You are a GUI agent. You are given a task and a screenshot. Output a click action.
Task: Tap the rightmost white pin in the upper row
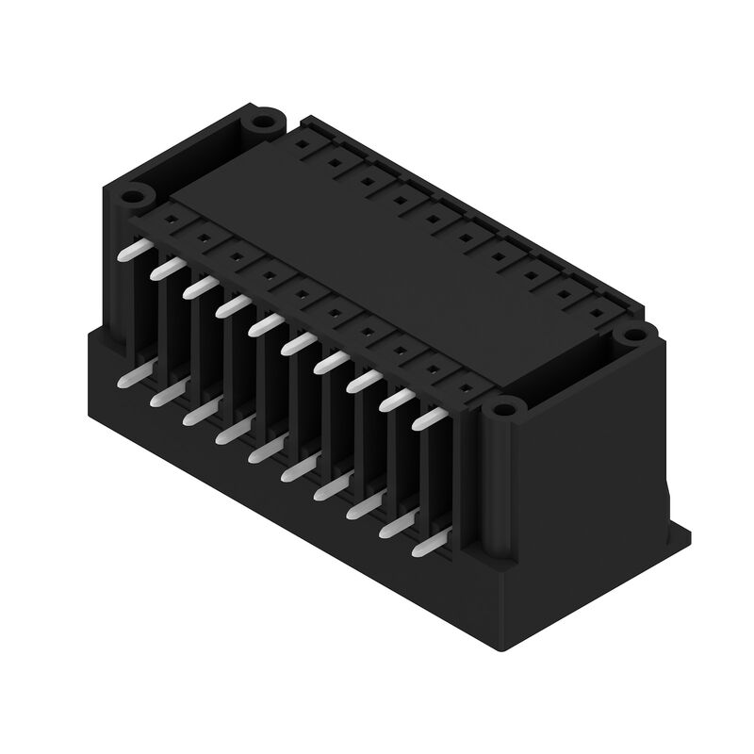[430, 416]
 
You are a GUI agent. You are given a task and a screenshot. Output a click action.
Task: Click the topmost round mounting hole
[261, 123]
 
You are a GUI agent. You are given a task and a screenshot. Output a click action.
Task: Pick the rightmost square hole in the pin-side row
[467, 385]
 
